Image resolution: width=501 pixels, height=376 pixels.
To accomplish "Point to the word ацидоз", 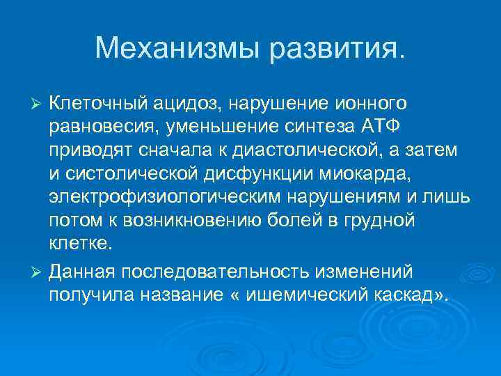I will point(182,104).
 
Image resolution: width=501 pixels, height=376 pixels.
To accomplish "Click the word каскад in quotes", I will point(411,294).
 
